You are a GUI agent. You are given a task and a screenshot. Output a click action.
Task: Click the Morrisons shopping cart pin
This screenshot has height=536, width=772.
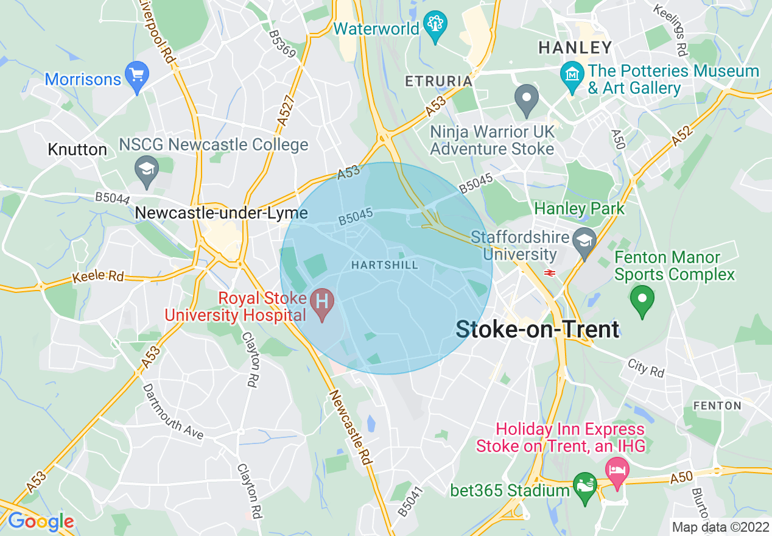coord(136,76)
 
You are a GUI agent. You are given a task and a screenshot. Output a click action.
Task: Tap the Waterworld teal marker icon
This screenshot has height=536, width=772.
coord(435,25)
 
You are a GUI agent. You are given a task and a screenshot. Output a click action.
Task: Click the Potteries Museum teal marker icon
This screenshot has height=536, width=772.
coord(572,76)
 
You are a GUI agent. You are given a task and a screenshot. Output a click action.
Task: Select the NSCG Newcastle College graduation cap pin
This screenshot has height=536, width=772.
coord(147,170)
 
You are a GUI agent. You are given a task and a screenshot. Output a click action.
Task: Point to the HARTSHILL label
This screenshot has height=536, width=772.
coord(385,265)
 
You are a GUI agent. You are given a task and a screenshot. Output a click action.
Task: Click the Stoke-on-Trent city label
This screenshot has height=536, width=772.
coord(538,330)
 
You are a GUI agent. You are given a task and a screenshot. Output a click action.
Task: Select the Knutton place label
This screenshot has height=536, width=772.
coord(77,149)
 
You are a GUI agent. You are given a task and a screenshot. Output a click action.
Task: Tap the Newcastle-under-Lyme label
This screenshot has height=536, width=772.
coord(221,213)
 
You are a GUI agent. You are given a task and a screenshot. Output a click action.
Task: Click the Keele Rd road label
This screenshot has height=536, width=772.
coord(97,277)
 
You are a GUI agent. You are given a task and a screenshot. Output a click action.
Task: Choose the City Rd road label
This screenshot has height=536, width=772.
coord(646,368)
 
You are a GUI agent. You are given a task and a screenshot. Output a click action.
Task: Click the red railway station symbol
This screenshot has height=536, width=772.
coord(549,273)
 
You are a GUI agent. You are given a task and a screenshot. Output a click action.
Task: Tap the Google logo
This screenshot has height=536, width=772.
coord(40,521)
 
